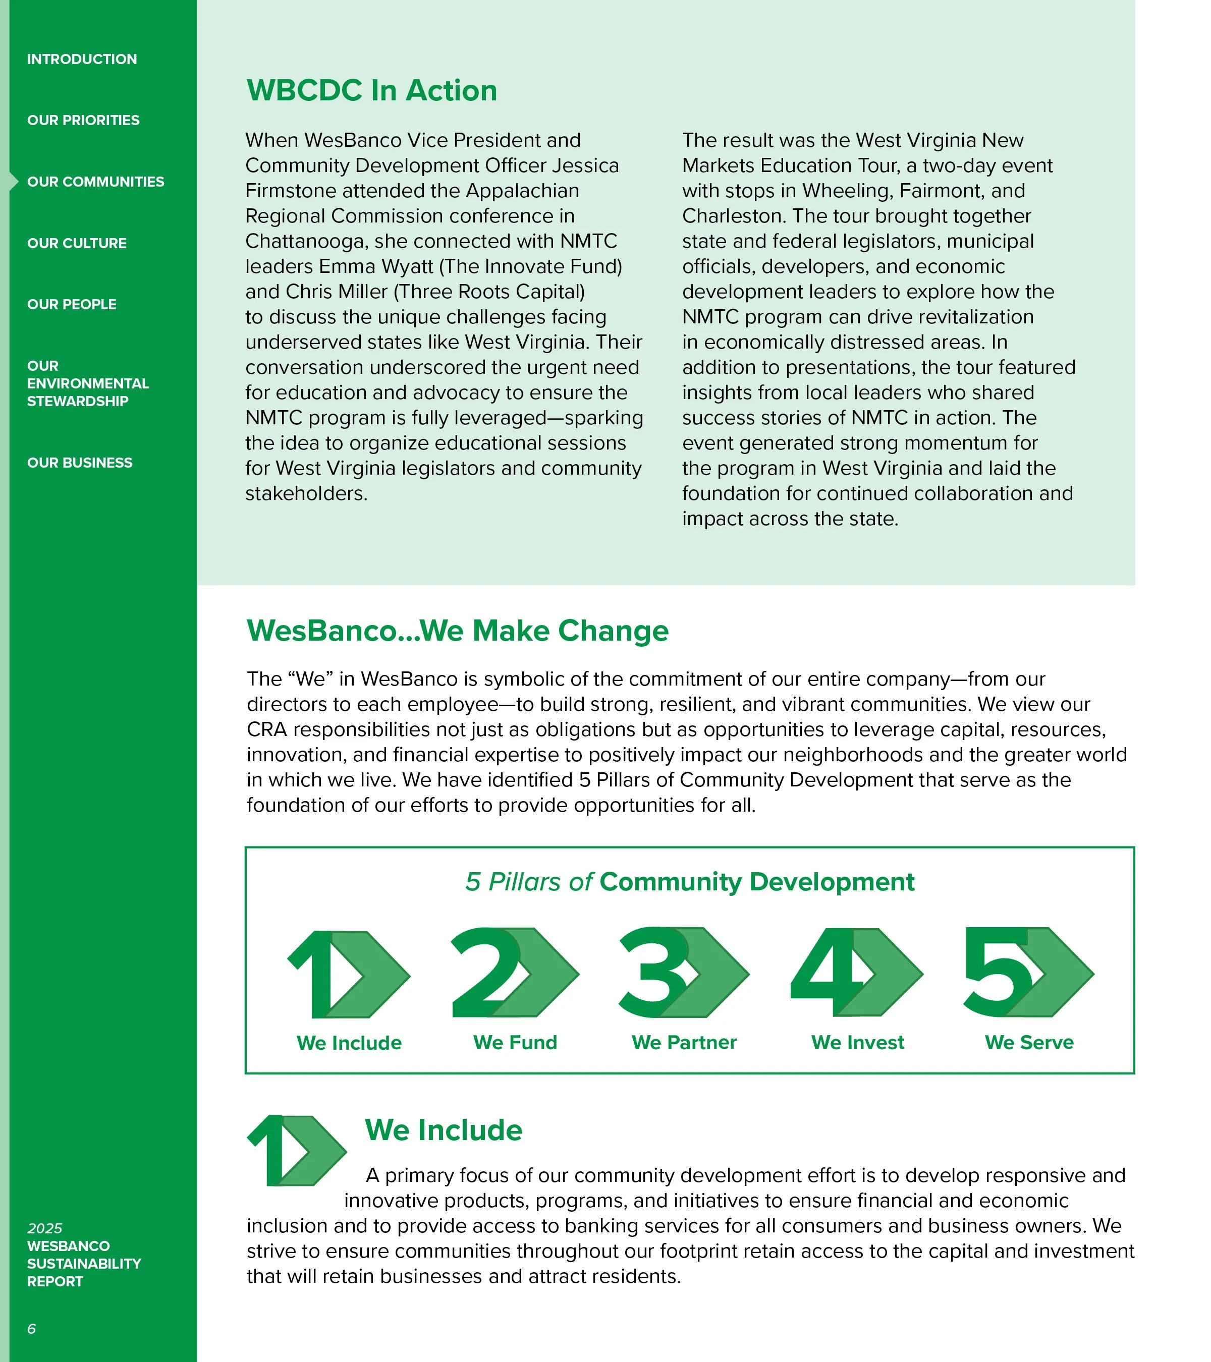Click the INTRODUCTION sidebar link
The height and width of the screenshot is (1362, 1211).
click(x=82, y=60)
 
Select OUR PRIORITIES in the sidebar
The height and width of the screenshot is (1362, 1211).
click(x=83, y=121)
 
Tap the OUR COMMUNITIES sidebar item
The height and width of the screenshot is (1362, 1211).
click(x=95, y=182)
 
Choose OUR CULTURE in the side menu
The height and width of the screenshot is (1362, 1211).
click(x=77, y=243)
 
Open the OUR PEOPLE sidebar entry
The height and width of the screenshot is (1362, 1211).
click(x=71, y=305)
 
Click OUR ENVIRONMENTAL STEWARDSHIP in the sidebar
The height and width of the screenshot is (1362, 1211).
click(x=87, y=384)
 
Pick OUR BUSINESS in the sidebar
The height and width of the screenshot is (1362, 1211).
click(x=79, y=463)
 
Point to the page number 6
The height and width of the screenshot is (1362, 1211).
click(x=31, y=1329)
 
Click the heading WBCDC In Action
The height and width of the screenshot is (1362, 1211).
click(x=371, y=91)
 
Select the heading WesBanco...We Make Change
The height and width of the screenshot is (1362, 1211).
click(x=457, y=631)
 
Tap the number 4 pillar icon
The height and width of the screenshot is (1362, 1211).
click(x=856, y=973)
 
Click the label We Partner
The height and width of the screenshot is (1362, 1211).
click(x=684, y=1043)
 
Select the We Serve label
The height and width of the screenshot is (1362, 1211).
click(x=1029, y=1043)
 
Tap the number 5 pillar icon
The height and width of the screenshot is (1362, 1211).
click(x=1028, y=973)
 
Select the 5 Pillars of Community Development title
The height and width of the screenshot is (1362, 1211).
click(x=690, y=882)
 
